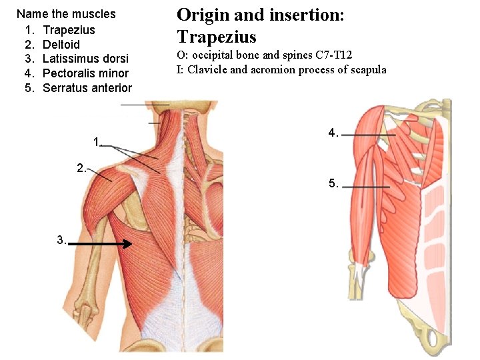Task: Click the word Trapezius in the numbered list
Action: tap(69, 30)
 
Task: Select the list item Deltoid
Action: tap(61, 45)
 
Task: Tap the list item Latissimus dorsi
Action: tap(85, 59)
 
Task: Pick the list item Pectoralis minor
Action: tap(85, 73)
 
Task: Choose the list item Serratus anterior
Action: tap(87, 88)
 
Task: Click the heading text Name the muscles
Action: tap(66, 14)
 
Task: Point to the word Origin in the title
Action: tap(200, 15)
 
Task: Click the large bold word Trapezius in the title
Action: tap(217, 37)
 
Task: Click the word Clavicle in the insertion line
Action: tap(207, 70)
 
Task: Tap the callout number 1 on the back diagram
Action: tap(97, 141)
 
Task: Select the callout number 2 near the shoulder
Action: tap(81, 168)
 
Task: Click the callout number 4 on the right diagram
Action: tap(332, 133)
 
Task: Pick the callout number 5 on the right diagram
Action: tap(333, 183)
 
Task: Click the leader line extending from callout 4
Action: tap(369, 135)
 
